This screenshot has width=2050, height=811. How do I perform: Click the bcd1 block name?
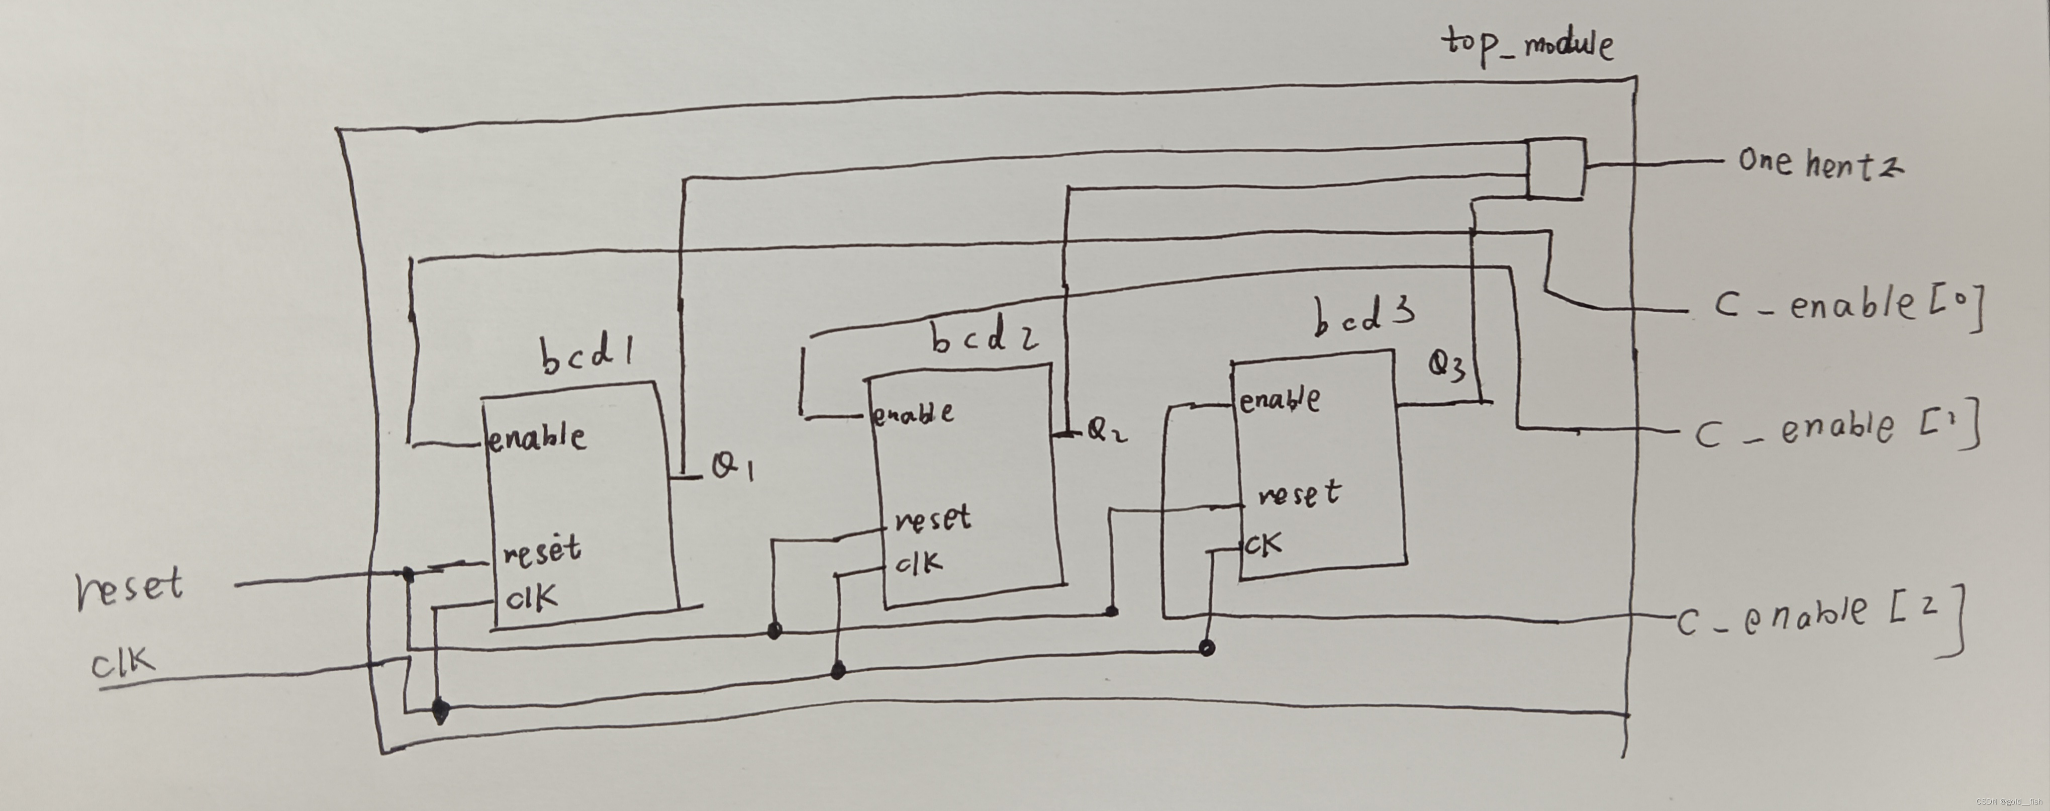[588, 356]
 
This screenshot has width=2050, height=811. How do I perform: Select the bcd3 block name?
[1363, 315]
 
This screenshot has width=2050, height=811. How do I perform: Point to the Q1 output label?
[731, 468]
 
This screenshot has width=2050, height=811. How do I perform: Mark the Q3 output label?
[1446, 367]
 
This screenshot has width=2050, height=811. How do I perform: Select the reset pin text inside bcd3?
[1299, 494]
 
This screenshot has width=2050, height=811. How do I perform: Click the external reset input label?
[129, 589]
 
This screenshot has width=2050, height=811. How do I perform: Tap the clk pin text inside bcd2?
[918, 564]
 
